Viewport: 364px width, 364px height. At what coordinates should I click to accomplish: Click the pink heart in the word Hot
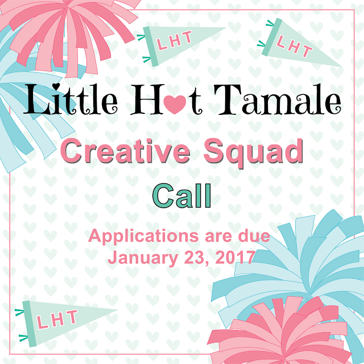point(175,105)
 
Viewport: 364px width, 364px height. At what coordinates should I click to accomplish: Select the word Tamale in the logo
point(278,100)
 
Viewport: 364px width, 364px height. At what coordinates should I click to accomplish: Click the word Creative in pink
point(126,151)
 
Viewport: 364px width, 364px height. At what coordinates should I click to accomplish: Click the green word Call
point(182,196)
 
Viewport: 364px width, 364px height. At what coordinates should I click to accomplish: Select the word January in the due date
point(143,258)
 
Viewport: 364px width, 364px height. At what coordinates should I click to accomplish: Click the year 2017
point(234,257)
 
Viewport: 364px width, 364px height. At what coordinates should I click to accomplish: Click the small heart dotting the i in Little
point(56,86)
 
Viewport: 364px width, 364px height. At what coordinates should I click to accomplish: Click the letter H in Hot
point(147,100)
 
